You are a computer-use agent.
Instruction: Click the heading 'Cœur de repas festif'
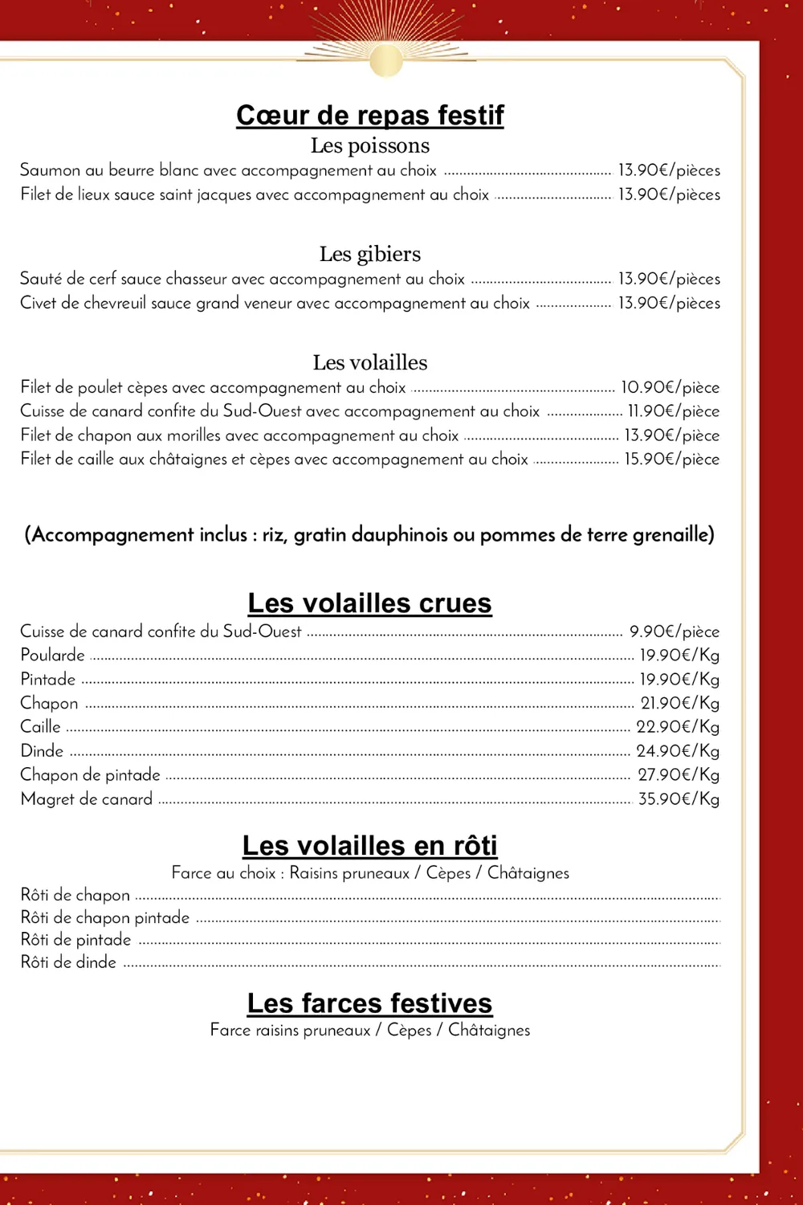pos(369,115)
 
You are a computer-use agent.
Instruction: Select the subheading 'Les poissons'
pos(369,145)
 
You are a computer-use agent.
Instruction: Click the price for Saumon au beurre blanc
pos(668,170)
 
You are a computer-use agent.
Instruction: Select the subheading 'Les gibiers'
pos(369,254)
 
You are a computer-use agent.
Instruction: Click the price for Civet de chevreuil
pos(668,303)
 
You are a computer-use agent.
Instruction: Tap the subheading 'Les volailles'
pos(369,362)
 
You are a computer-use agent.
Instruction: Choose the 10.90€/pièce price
pos(670,387)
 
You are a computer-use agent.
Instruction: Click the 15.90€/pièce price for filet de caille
pos(671,459)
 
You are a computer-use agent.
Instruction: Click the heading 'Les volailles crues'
pos(369,602)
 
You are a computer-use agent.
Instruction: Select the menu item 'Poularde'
pos(52,655)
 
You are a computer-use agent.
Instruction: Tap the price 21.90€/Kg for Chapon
pos(679,703)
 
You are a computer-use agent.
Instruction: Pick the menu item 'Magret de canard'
pos(86,799)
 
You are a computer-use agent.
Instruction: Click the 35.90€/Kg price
pos(679,799)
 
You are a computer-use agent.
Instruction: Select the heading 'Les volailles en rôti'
pos(369,845)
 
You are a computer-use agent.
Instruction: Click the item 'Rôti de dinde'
pos(68,962)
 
